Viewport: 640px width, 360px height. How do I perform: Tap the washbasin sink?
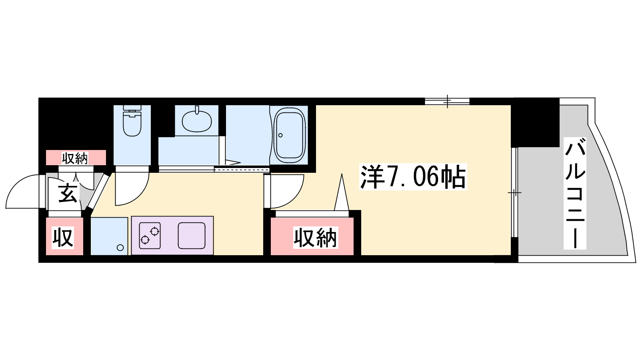[197, 121]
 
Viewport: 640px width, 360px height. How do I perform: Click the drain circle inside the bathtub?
[280, 135]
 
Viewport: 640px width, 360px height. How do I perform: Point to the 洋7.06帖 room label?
[413, 177]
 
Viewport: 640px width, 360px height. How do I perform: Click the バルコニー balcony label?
[575, 193]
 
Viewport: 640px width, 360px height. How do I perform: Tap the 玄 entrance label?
[68, 194]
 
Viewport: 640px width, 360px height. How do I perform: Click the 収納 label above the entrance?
[75, 158]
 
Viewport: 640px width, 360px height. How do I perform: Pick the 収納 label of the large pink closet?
[316, 238]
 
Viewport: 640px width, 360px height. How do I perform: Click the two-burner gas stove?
[150, 236]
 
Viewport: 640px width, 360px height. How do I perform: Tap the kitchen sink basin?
[192, 236]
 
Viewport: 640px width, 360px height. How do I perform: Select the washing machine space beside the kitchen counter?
[109, 236]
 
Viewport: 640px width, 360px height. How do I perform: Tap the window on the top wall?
[447, 101]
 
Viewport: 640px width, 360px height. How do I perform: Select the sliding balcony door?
[514, 192]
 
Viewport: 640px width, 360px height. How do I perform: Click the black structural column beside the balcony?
[535, 122]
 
